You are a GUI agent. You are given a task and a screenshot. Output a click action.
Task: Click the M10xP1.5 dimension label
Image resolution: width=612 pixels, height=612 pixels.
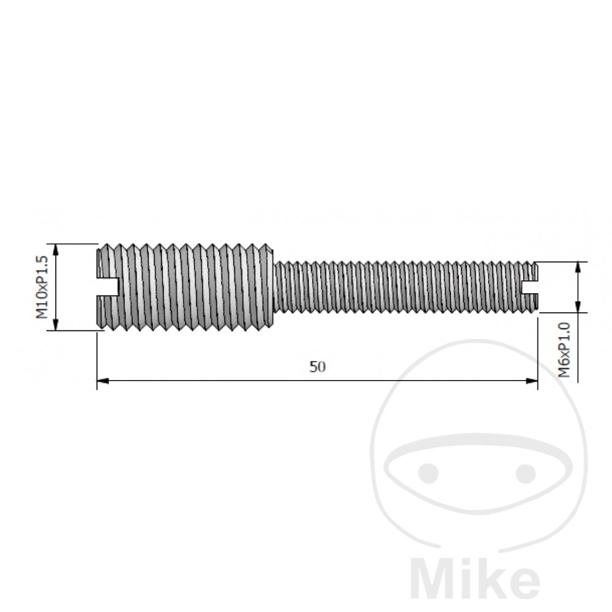[41, 287]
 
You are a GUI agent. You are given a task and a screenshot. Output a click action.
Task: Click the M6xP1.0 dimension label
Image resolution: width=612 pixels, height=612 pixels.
[564, 350]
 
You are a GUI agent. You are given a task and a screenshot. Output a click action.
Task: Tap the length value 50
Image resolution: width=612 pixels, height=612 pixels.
[317, 367]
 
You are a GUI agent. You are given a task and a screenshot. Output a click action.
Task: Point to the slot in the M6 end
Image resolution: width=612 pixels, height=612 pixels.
[529, 286]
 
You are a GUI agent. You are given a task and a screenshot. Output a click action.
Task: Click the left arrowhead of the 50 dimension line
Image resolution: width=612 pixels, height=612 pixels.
[102, 381]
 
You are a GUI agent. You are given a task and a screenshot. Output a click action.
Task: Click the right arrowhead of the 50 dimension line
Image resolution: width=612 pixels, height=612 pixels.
[532, 381]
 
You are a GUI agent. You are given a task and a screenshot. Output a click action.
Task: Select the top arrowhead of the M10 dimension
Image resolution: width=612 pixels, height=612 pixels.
[56, 248]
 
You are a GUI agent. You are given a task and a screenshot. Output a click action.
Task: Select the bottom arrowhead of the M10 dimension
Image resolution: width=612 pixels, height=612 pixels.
[56, 326]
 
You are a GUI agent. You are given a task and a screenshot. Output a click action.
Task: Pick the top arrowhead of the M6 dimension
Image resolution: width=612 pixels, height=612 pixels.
[577, 266]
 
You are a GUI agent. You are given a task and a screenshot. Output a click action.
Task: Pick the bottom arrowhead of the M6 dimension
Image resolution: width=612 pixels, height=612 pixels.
[577, 308]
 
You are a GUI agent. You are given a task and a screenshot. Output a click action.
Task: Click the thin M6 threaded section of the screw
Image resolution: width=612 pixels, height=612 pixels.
[398, 286]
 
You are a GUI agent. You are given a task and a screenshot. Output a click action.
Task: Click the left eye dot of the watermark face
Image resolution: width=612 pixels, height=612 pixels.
[429, 472]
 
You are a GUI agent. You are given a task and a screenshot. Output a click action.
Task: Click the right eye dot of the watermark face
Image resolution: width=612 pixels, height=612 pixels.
[525, 472]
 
